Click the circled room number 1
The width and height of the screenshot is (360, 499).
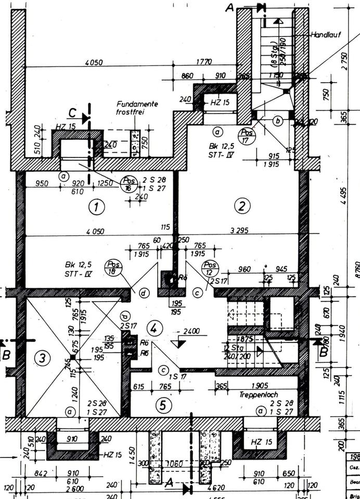(x=96, y=207)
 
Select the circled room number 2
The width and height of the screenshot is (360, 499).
(x=241, y=206)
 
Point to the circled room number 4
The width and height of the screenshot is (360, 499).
(x=155, y=328)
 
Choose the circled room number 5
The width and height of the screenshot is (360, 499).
(x=163, y=405)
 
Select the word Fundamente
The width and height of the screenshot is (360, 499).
(x=137, y=104)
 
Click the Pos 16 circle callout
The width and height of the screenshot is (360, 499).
(x=128, y=182)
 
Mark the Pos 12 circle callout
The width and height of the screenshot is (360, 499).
(x=210, y=267)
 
